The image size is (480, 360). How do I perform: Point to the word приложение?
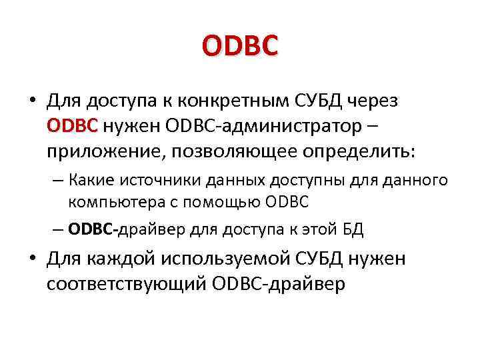coord(105,151)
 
